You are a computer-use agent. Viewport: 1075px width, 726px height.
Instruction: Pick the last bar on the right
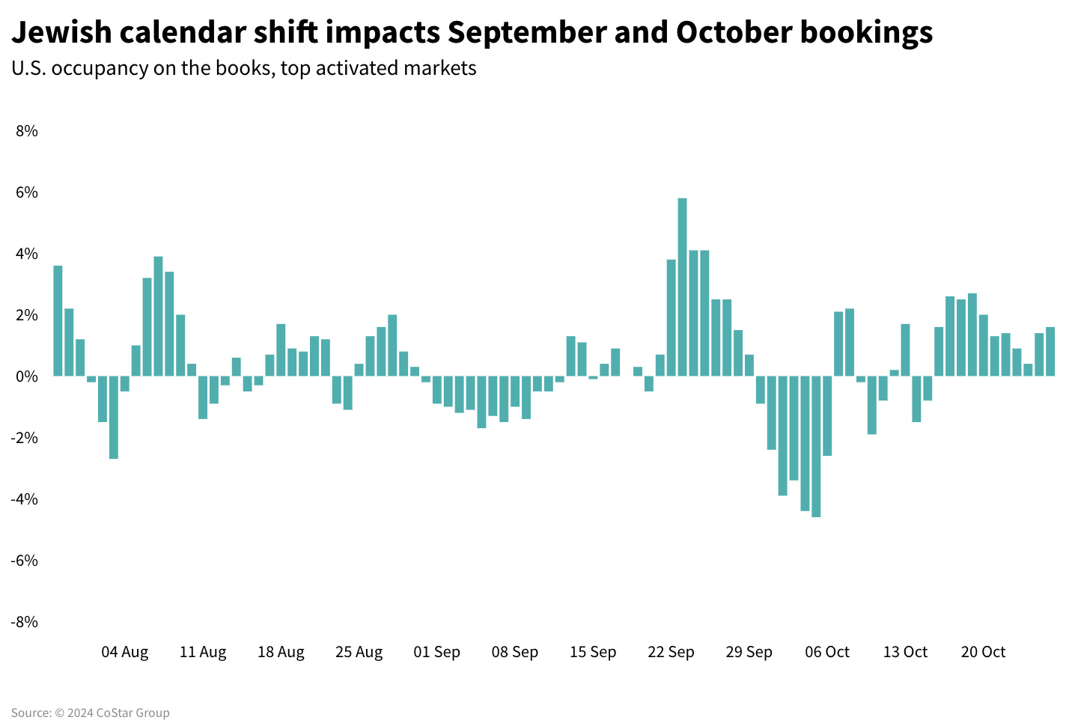[1050, 351]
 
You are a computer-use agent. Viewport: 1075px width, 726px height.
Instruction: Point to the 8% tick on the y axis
[26, 131]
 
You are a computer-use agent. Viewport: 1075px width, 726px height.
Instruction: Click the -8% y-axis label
[24, 621]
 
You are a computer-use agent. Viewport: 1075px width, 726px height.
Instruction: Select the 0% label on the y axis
[26, 376]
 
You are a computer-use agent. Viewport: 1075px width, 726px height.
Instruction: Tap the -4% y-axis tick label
[24, 498]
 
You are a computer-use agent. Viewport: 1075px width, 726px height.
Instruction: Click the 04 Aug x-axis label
[125, 652]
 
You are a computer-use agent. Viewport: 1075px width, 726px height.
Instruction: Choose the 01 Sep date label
[436, 652]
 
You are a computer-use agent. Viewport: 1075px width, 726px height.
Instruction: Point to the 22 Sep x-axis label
[671, 652]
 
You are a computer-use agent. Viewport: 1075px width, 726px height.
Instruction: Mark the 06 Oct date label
[827, 652]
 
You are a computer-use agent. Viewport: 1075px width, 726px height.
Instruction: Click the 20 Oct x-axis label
[983, 652]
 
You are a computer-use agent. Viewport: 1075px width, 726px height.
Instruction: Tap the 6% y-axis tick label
[26, 192]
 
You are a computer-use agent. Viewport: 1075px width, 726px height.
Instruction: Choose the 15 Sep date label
[593, 652]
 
